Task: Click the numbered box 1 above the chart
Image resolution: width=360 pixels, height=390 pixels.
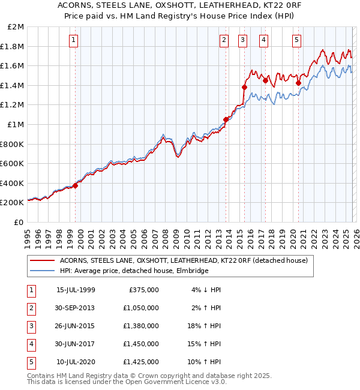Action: click(x=73, y=41)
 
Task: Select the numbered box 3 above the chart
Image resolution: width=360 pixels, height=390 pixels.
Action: click(x=243, y=41)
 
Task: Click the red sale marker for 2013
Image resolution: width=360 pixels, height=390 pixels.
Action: click(x=226, y=119)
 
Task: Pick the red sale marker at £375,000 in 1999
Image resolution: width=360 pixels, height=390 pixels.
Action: click(x=76, y=185)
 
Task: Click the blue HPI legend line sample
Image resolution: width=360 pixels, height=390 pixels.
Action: click(x=41, y=271)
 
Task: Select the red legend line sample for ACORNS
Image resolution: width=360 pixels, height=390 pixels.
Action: click(x=41, y=260)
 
